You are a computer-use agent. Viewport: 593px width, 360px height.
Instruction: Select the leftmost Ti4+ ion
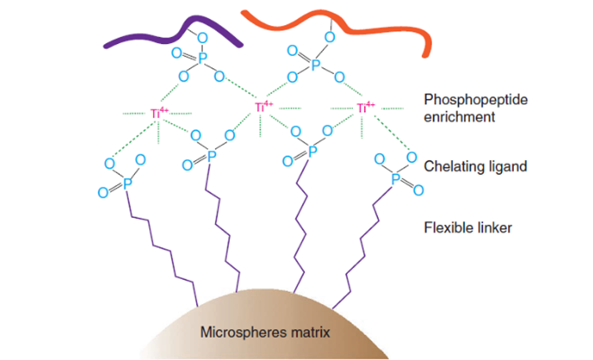157,114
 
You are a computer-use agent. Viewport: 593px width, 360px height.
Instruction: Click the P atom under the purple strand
201,58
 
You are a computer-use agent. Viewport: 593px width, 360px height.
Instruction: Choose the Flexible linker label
468,228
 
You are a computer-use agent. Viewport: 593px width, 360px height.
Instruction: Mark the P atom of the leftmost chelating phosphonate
126,182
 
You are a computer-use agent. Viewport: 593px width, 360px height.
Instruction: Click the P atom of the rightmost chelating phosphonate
397,180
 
